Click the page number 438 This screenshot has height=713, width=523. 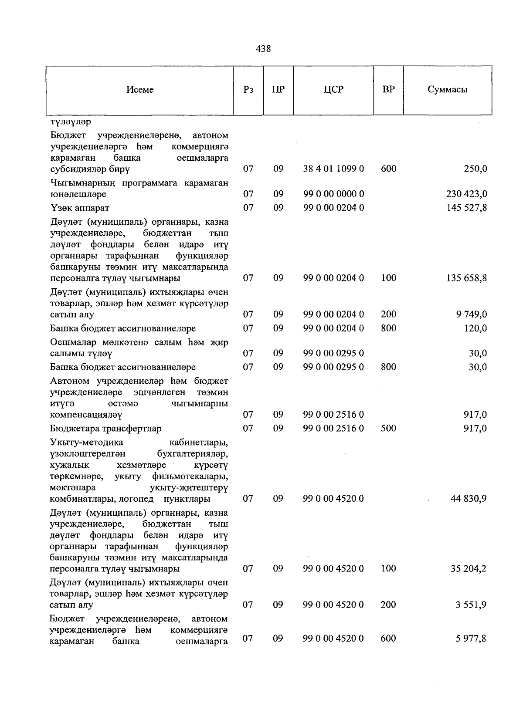tap(263, 49)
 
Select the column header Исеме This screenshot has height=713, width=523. tap(140, 90)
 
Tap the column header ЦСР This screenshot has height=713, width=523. tap(333, 90)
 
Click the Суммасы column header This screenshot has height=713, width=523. tap(447, 90)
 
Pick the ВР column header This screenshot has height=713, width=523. tap(388, 90)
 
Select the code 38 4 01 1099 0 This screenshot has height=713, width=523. tap(333, 169)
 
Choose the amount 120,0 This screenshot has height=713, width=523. tap(475, 328)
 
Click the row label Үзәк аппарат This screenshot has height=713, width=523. tap(80, 208)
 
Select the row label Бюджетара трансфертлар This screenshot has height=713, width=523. tap(105, 428)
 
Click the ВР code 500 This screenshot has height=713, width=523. tap(388, 428)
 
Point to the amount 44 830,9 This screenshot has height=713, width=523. tap(469, 498)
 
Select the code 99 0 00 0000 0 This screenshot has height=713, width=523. tap(333, 194)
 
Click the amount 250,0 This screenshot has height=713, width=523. tap(475, 169)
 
